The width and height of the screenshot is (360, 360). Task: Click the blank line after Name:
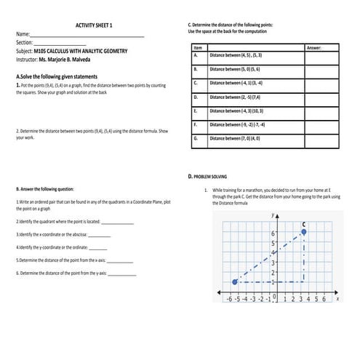click(x=87, y=35)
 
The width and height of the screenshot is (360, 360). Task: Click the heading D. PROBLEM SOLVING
click(x=208, y=176)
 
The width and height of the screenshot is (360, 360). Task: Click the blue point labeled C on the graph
click(x=304, y=232)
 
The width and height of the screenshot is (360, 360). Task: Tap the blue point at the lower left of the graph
click(x=235, y=281)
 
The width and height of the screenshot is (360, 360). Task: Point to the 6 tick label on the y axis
click(x=273, y=233)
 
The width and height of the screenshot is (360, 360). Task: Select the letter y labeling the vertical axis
click(x=271, y=216)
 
